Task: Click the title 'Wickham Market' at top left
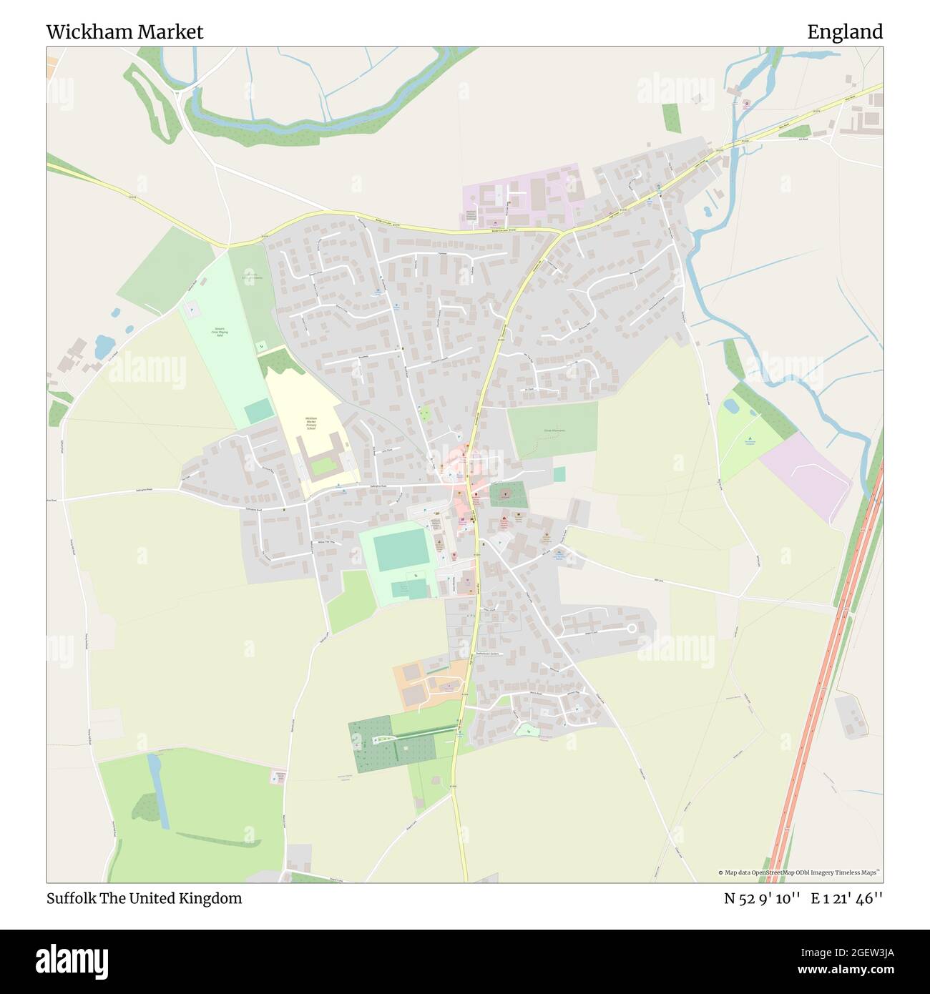pyautogui.click(x=124, y=32)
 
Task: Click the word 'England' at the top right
pyautogui.click(x=845, y=32)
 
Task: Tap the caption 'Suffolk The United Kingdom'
pyautogui.click(x=144, y=898)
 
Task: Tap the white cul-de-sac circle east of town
pyautogui.click(x=632, y=628)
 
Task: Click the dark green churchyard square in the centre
pyautogui.click(x=507, y=494)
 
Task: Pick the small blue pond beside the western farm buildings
pyautogui.click(x=103, y=346)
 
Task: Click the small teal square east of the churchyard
pyautogui.click(x=559, y=474)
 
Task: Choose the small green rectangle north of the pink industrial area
pyautogui.click(x=671, y=118)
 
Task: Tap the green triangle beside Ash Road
pyautogui.click(x=802, y=131)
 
